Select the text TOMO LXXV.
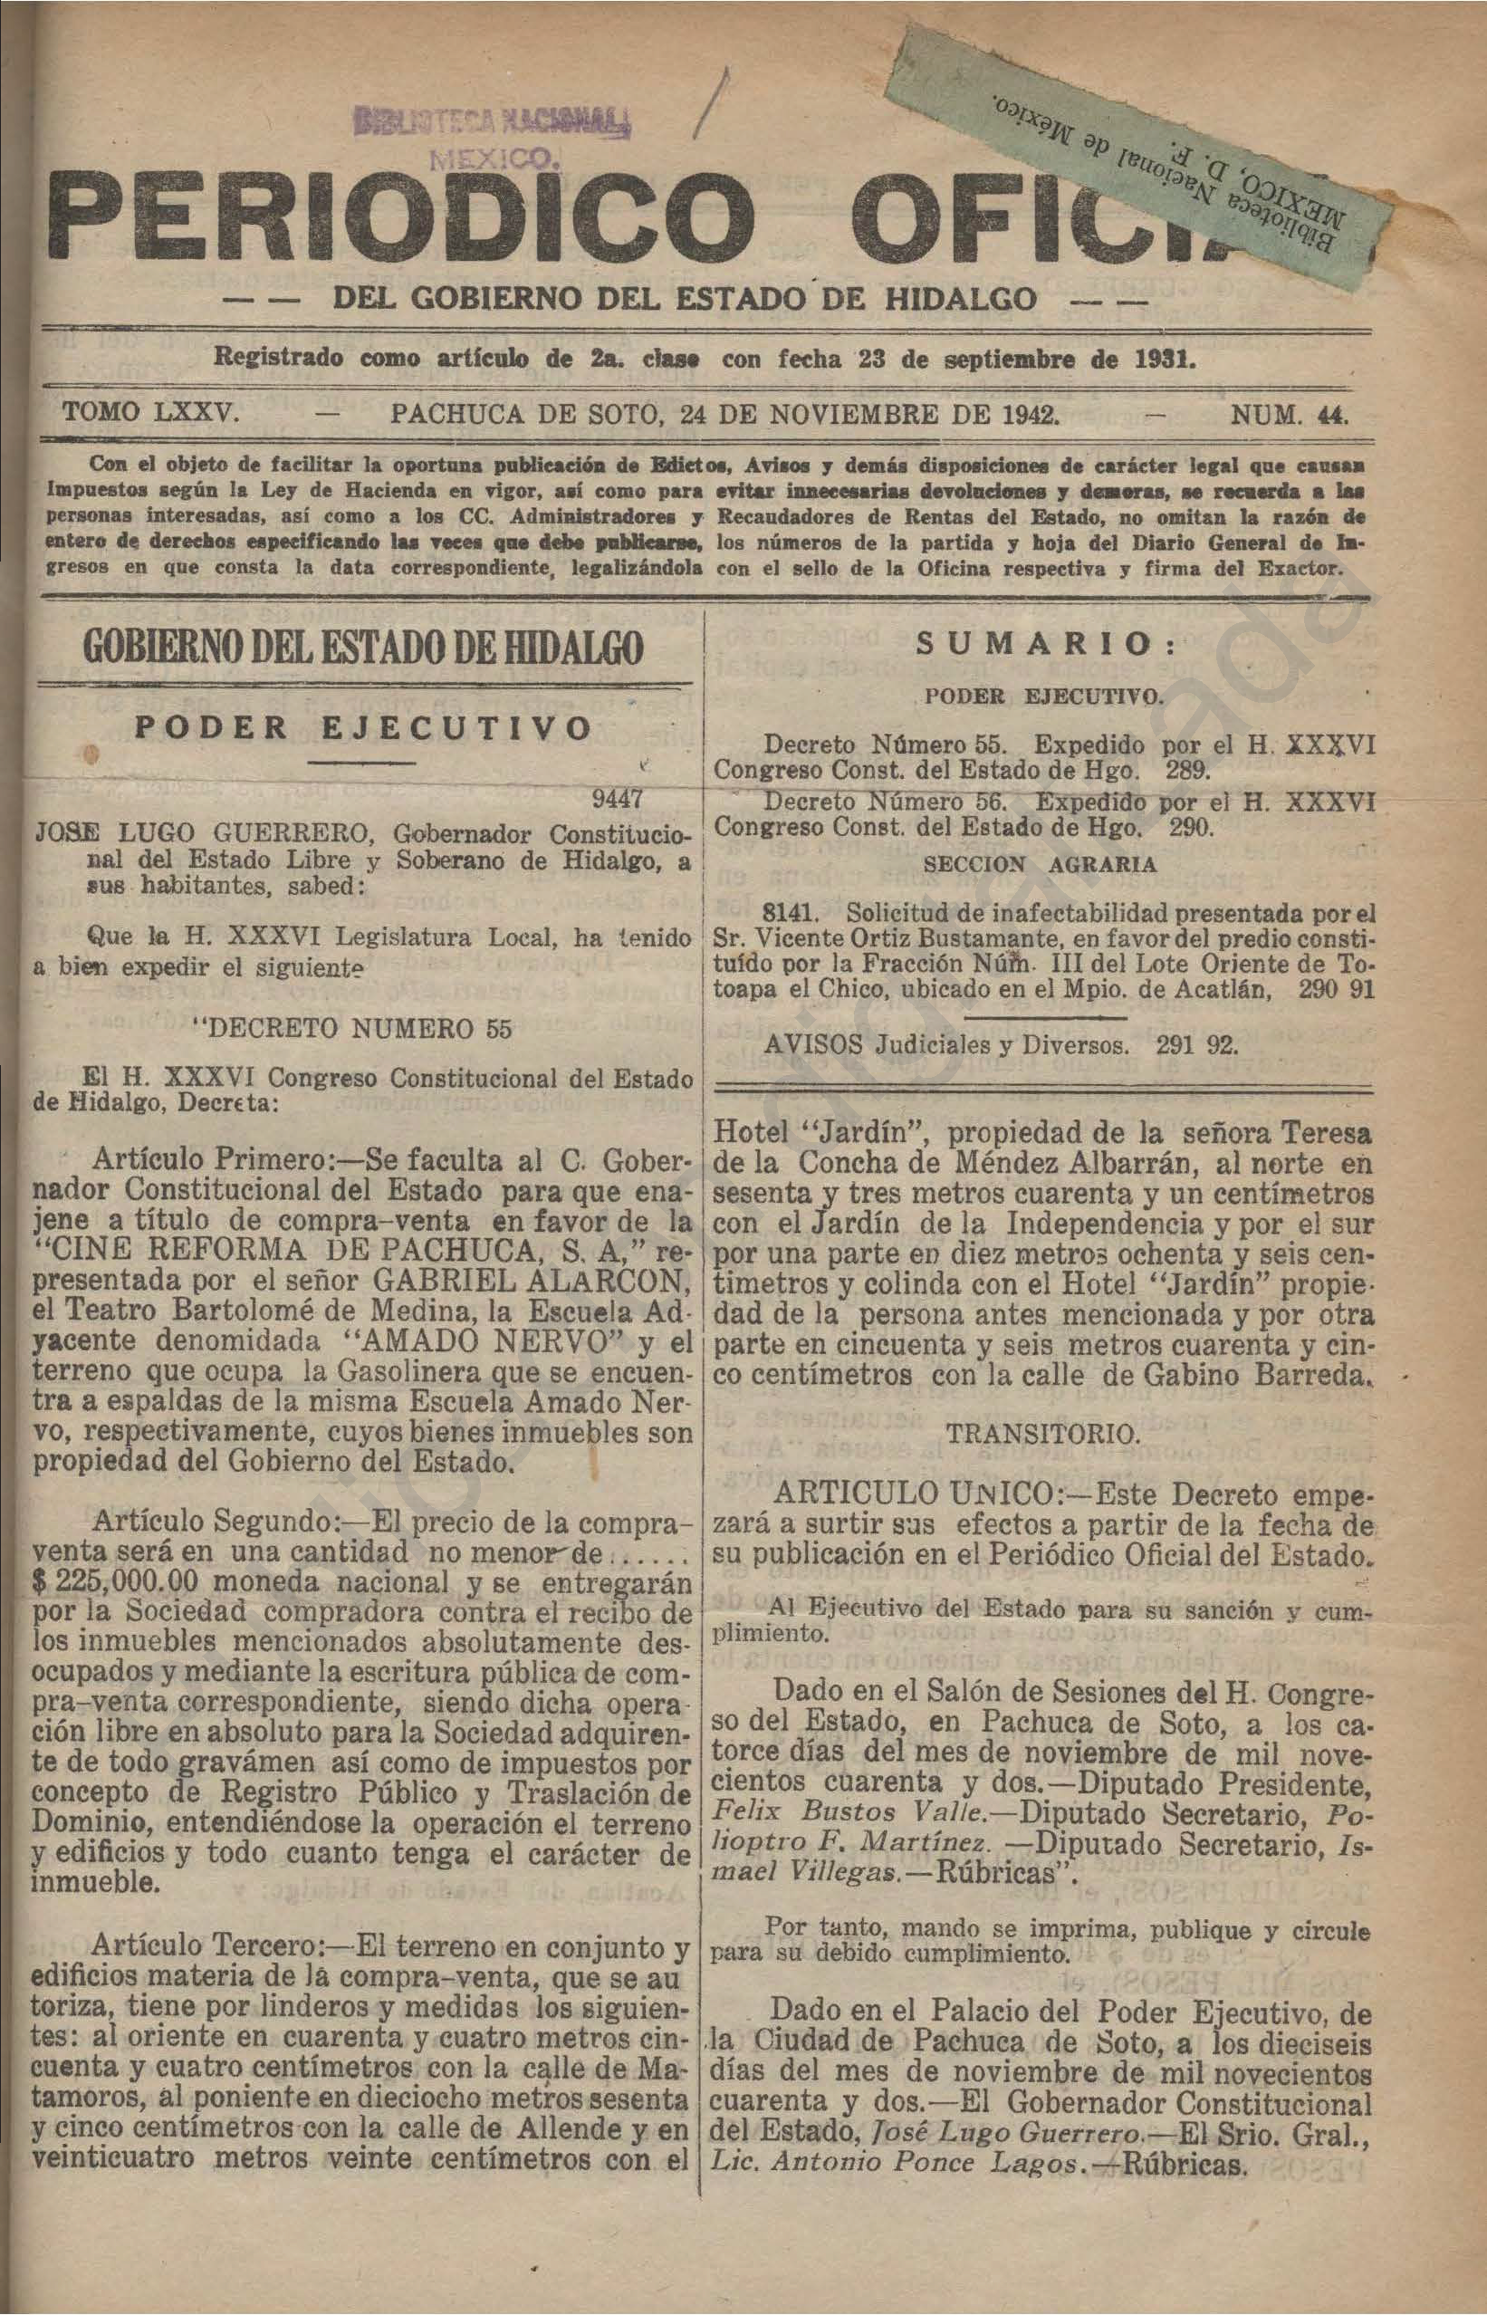(x=149, y=416)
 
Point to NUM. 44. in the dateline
(x=1288, y=416)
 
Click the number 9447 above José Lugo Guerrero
(x=628, y=800)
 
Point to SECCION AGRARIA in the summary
(x=1046, y=865)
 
